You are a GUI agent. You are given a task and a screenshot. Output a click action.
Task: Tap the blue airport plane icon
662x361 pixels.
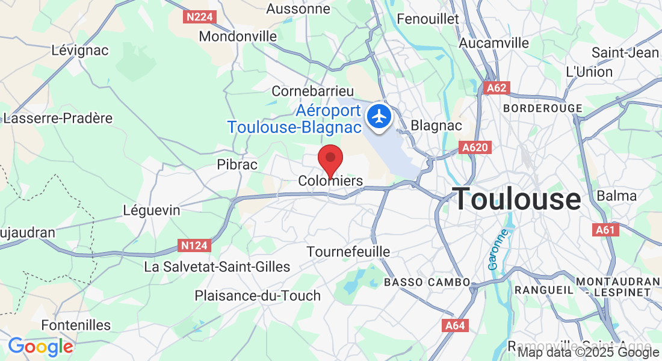(x=379, y=116)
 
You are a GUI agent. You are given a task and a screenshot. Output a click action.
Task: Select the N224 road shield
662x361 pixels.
(x=199, y=17)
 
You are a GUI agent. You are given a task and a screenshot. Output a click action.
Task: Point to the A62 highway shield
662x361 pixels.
(x=496, y=88)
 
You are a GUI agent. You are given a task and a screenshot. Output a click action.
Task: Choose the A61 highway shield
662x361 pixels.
(x=606, y=229)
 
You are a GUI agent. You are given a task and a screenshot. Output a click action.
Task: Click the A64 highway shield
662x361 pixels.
(x=454, y=326)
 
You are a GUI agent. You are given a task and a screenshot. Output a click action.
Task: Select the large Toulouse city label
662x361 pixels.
(x=517, y=199)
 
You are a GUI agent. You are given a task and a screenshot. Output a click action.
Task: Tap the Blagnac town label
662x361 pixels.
(x=436, y=126)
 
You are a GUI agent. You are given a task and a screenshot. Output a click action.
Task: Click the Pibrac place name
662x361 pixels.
(x=237, y=164)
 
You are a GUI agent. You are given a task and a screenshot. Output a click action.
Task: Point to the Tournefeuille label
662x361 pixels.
(x=348, y=251)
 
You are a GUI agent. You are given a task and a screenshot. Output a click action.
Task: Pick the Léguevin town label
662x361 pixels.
(x=151, y=211)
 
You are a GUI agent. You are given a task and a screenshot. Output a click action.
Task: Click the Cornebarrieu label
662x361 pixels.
(x=313, y=91)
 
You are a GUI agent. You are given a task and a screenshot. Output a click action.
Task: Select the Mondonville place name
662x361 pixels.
(x=238, y=36)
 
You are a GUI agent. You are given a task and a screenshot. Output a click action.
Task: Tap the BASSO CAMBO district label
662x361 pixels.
(x=427, y=282)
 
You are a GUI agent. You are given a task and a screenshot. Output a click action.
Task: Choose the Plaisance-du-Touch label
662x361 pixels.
(x=258, y=295)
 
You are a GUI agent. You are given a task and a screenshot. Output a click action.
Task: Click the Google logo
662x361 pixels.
(x=40, y=347)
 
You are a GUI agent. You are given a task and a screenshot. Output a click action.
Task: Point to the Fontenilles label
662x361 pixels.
(x=76, y=326)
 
